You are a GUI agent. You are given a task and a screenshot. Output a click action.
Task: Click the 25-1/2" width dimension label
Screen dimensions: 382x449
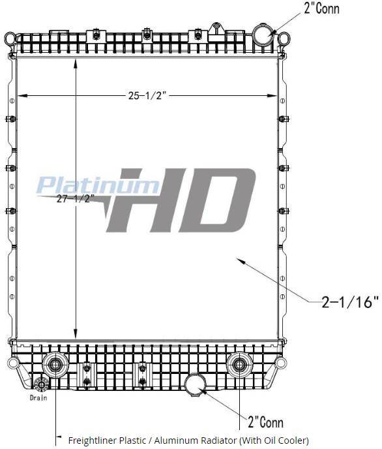tap(147, 95)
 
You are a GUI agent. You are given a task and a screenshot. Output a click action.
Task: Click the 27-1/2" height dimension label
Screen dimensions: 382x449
tap(74, 198)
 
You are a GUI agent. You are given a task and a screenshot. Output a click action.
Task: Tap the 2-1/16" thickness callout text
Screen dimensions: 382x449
tap(350, 302)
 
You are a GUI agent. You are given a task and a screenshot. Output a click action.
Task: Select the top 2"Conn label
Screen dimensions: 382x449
tap(321, 8)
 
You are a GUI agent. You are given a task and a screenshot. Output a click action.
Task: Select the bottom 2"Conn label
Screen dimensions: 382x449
tap(265, 422)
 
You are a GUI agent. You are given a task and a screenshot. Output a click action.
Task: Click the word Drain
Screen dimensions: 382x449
tap(38, 397)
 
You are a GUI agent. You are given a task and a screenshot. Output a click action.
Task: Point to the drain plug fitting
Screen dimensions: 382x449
tap(41, 384)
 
